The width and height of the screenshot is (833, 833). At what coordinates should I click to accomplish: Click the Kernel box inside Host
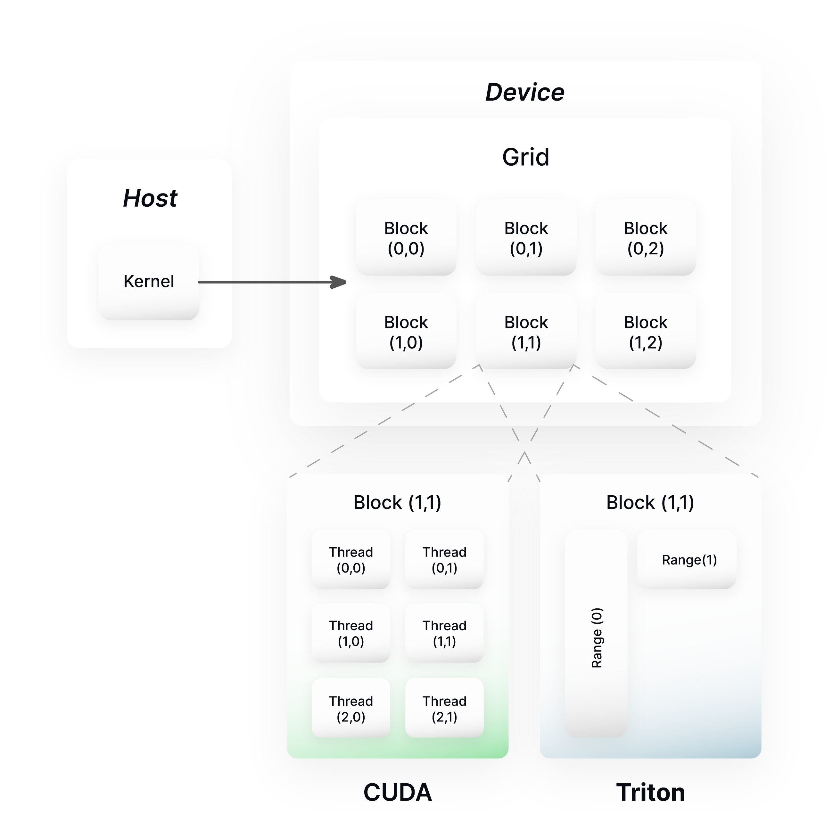pyautogui.click(x=149, y=282)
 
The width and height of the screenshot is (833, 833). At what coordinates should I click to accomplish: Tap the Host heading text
pyautogui.click(x=150, y=198)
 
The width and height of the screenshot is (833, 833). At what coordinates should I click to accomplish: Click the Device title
pyautogui.click(x=525, y=92)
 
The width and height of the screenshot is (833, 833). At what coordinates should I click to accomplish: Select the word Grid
pyautogui.click(x=525, y=157)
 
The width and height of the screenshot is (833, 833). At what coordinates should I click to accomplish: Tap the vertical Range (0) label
pyautogui.click(x=597, y=638)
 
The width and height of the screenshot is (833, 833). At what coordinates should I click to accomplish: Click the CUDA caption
pyautogui.click(x=398, y=792)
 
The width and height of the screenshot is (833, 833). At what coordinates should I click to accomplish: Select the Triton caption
pyautogui.click(x=650, y=792)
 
